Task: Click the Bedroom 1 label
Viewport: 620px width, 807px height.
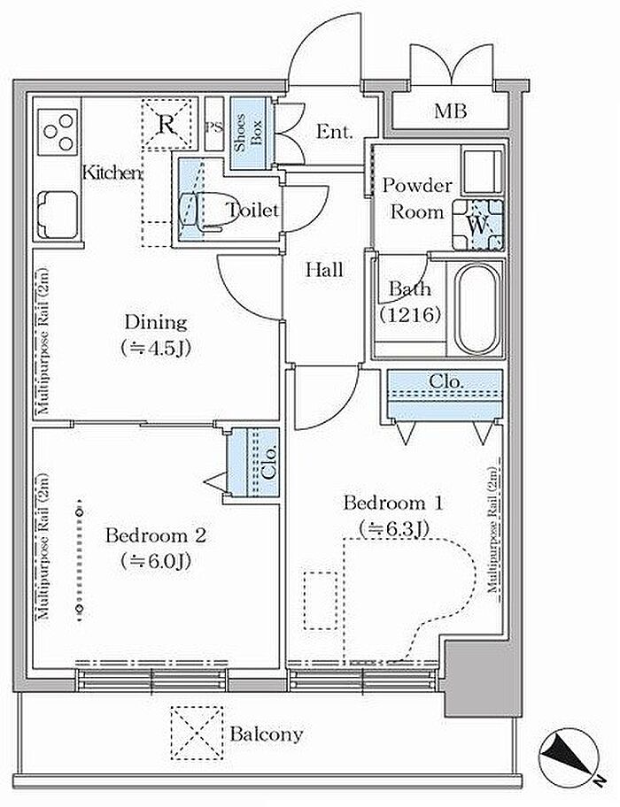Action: pyautogui.click(x=393, y=503)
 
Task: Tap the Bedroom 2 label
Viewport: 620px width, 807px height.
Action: pyautogui.click(x=156, y=535)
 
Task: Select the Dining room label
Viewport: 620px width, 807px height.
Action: pyautogui.click(x=156, y=323)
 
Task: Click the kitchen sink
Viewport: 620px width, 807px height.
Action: pyautogui.click(x=58, y=215)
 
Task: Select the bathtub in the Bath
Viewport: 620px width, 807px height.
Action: pyautogui.click(x=477, y=308)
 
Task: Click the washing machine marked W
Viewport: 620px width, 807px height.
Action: pyautogui.click(x=478, y=225)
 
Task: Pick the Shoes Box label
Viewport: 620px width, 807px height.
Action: pyautogui.click(x=248, y=132)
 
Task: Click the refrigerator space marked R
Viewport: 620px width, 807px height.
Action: pyautogui.click(x=166, y=124)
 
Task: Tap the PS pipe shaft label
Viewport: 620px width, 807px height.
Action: pyautogui.click(x=214, y=127)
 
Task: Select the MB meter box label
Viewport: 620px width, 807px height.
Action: pyautogui.click(x=451, y=111)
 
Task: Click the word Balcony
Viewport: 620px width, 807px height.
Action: pyautogui.click(x=267, y=734)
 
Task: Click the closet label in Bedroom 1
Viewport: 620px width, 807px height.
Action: pyautogui.click(x=446, y=382)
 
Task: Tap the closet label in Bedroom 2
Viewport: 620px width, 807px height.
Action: pyautogui.click(x=270, y=462)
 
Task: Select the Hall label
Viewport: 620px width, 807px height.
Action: pyautogui.click(x=324, y=270)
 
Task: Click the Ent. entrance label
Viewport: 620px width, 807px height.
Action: pyautogui.click(x=334, y=132)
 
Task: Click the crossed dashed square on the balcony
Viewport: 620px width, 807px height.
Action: pyautogui.click(x=198, y=733)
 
